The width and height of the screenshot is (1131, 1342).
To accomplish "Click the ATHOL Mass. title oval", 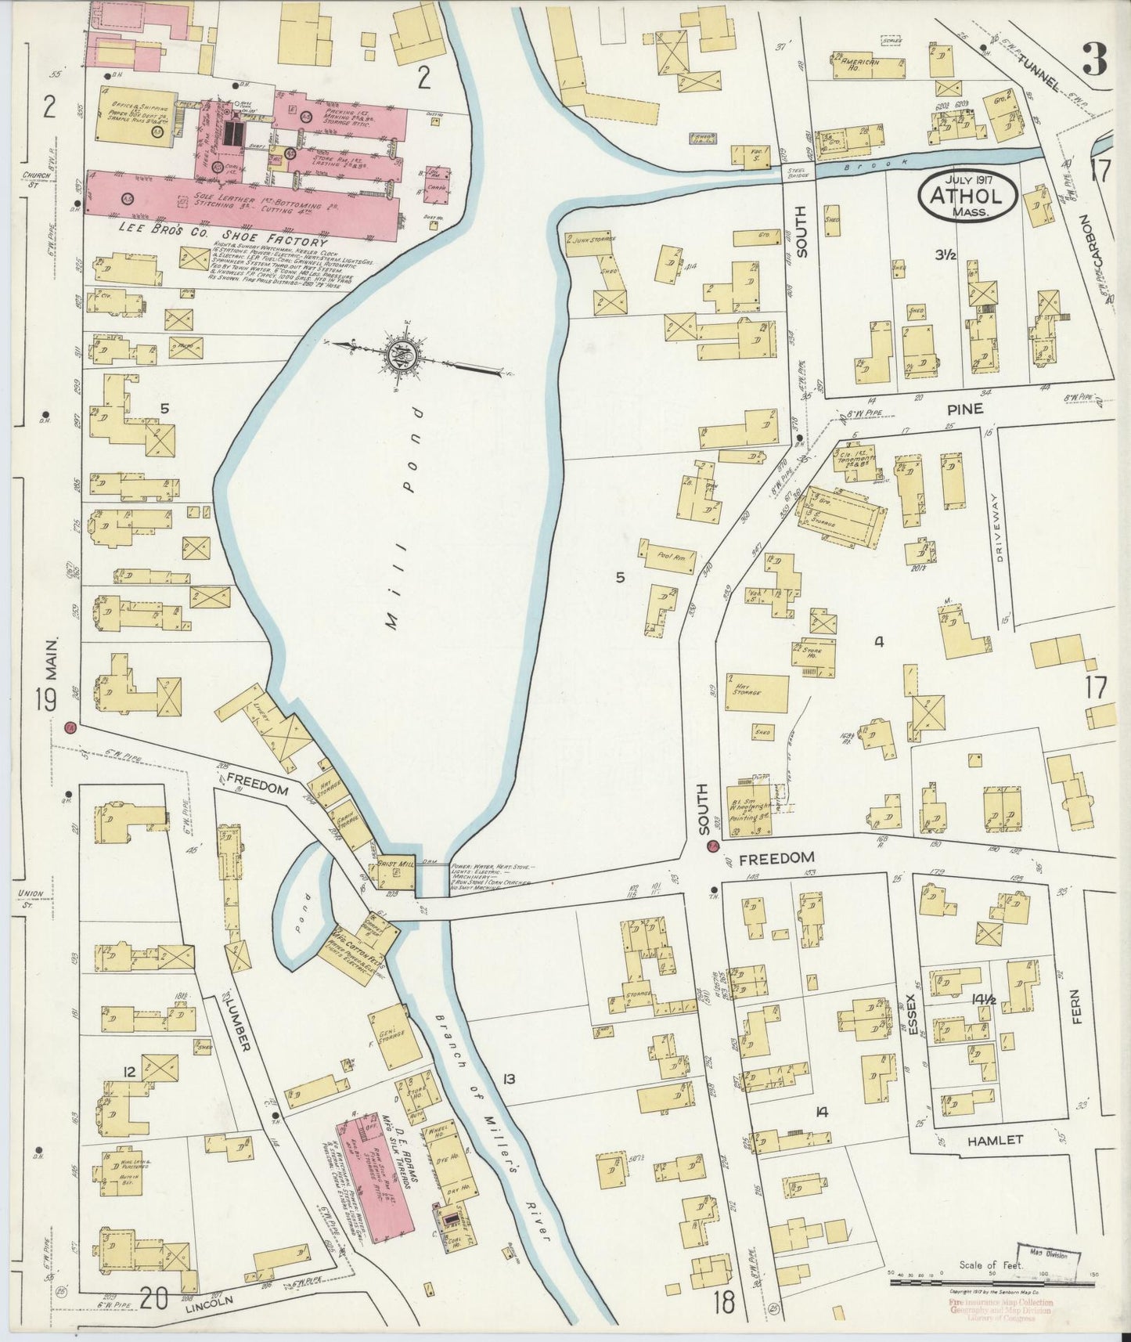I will [968, 193].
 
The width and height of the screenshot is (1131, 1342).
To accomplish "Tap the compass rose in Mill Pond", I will [404, 357].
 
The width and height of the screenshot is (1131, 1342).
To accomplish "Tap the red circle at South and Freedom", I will [712, 846].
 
